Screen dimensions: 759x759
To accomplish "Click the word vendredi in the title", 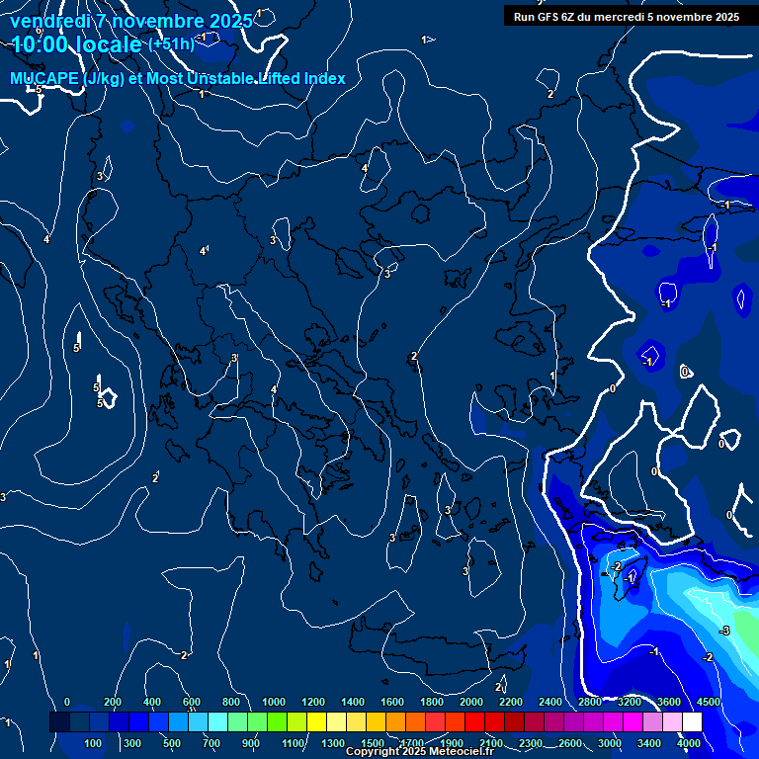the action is [48, 21].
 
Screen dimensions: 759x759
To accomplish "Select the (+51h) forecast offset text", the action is [170, 44].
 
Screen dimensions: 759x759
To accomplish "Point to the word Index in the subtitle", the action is [324, 79].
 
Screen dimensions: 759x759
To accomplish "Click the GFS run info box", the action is [627, 16].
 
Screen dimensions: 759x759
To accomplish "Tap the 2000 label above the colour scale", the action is [471, 702].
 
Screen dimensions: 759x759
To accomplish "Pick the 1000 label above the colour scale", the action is [274, 702].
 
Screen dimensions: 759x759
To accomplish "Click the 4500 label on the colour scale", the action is [708, 702].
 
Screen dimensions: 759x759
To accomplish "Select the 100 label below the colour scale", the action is [94, 743].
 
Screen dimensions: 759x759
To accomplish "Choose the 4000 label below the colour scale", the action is [689, 743].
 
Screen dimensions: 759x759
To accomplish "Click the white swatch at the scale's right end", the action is [692, 722].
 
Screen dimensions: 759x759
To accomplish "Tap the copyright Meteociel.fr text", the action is [419, 752].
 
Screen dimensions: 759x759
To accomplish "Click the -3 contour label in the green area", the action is [724, 631].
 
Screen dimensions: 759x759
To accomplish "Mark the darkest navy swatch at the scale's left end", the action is [59, 722].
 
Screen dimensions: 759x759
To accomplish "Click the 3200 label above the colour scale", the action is [629, 702].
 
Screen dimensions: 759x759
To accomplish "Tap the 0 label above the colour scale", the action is [67, 702].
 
